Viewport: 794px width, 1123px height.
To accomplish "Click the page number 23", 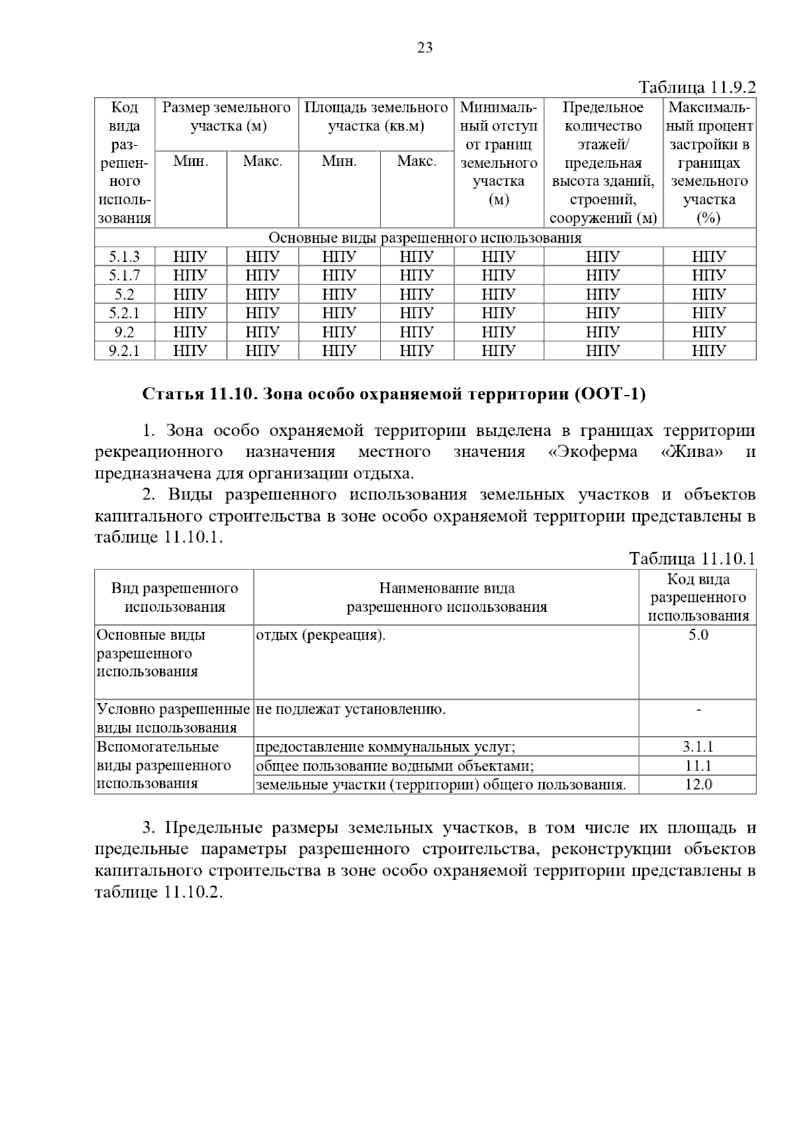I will [x=425, y=47].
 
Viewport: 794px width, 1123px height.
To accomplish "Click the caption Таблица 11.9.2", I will [x=696, y=87].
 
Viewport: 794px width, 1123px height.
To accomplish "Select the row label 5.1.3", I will [x=124, y=257].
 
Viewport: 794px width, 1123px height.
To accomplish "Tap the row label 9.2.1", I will [x=124, y=351].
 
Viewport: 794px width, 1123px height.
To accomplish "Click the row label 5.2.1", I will [x=124, y=313].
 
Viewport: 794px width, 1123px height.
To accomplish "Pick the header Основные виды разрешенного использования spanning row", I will [x=425, y=238].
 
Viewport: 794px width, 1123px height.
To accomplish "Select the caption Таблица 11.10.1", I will [x=692, y=559].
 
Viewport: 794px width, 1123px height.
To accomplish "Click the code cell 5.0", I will [x=698, y=635].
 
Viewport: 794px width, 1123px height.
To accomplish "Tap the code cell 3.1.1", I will [x=698, y=747].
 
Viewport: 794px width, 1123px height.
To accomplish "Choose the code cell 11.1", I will [x=698, y=766].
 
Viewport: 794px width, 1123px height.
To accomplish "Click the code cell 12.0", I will [x=698, y=784].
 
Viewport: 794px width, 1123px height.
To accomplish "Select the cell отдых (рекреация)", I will [x=320, y=635].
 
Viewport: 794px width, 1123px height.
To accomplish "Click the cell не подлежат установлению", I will [x=351, y=710].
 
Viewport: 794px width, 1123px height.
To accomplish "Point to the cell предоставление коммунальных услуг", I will [x=385, y=747].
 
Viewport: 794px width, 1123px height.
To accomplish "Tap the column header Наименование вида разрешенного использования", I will [x=447, y=597].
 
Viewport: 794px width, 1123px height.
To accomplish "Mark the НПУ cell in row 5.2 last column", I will [x=709, y=294].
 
